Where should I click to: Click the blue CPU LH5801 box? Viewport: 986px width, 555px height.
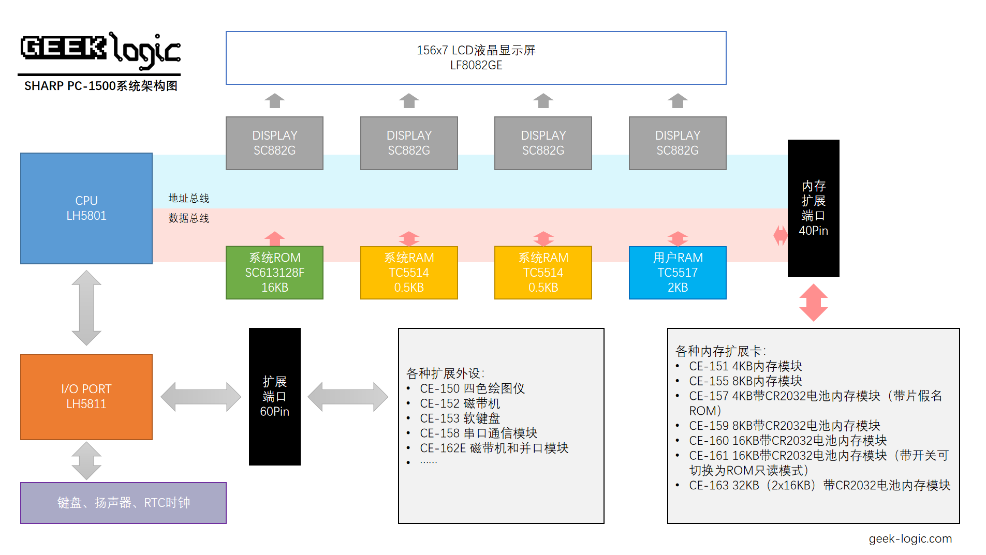click(x=86, y=208)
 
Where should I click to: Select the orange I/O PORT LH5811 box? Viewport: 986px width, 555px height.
click(x=86, y=396)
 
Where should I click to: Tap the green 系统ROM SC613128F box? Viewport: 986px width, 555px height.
click(x=274, y=273)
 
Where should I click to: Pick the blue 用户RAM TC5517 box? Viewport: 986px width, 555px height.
click(x=677, y=273)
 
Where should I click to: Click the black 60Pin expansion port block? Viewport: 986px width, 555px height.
click(x=274, y=396)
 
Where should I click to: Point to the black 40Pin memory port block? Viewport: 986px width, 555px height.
click(x=813, y=208)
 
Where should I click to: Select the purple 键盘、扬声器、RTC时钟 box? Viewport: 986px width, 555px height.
click(x=123, y=503)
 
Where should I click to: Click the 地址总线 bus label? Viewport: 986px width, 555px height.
click(x=188, y=198)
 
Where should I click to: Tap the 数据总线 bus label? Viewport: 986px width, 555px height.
click(x=188, y=218)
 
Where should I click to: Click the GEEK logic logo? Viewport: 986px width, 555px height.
click(x=100, y=50)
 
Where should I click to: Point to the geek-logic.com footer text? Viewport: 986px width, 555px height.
click(x=910, y=538)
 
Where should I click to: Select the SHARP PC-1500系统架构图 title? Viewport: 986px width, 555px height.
click(x=100, y=86)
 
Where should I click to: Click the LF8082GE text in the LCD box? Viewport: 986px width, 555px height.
click(x=476, y=65)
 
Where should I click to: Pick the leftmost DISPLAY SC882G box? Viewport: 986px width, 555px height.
click(x=274, y=143)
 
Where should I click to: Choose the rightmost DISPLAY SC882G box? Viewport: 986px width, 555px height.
click(x=677, y=143)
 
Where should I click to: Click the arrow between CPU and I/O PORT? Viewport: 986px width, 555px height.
click(x=86, y=308)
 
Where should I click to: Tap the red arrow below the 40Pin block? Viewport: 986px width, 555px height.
click(x=813, y=303)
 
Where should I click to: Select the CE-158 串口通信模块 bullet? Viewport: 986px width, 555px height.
click(x=478, y=433)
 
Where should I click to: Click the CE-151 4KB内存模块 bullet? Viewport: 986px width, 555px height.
click(x=745, y=366)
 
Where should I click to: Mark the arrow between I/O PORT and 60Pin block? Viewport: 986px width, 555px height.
click(x=201, y=397)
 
